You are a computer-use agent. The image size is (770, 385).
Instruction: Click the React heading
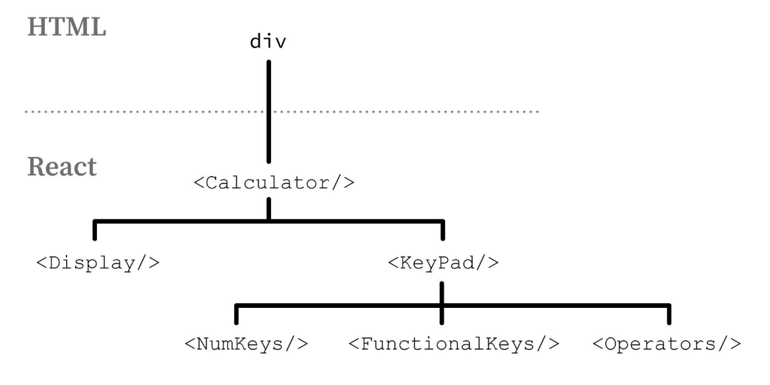[62, 167]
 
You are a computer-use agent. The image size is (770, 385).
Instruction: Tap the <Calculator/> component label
[274, 182]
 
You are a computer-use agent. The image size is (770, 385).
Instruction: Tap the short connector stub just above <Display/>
[96, 231]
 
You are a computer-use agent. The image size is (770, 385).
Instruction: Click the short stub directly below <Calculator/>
[269, 210]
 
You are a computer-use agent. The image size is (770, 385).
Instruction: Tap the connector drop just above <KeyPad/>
[442, 231]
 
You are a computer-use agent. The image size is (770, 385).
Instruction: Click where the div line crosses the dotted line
[269, 112]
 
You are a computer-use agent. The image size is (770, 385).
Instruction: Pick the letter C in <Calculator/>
[212, 182]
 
